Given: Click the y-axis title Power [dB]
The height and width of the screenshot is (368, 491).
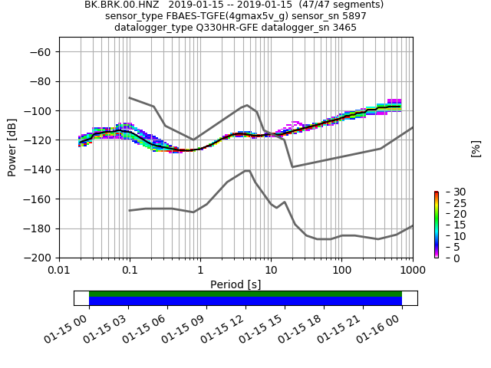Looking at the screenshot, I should [12, 147].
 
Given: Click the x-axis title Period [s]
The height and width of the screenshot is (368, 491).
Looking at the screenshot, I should [236, 284].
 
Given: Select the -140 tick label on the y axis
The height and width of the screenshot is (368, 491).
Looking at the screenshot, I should [38, 169].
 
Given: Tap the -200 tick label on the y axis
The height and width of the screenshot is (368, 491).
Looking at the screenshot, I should [38, 258].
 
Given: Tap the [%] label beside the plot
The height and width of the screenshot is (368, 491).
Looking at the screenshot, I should [476, 148].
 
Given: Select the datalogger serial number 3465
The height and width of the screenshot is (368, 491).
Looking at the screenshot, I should [343, 28].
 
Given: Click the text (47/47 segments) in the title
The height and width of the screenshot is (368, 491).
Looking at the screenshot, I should [341, 5].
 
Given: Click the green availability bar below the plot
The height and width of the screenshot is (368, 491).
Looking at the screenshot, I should [245, 294].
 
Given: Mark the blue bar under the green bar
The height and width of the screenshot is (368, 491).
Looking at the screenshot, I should [245, 301].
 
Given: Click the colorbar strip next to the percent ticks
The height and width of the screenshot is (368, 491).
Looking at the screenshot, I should [436, 225].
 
